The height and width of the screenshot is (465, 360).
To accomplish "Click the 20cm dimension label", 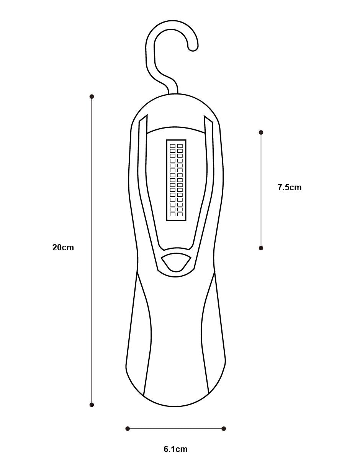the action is click(x=63, y=247).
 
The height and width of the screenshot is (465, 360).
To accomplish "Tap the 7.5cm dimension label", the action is click(x=290, y=187).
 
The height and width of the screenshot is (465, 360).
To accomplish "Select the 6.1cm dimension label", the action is click(x=175, y=449).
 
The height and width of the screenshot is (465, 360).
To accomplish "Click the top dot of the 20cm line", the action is click(x=92, y=96).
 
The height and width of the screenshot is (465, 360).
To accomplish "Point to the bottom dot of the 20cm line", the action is click(x=92, y=405).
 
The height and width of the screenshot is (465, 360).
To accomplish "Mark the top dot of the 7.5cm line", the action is click(x=261, y=132).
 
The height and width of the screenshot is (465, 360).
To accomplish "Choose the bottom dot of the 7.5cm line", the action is click(x=261, y=248).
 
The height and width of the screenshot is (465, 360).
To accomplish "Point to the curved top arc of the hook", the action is click(x=172, y=24).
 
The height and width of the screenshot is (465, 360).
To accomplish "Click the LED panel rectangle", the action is click(x=176, y=180).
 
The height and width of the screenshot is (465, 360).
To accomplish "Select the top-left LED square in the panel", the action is click(x=173, y=146).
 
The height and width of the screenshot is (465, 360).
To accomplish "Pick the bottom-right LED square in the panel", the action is click(x=180, y=214).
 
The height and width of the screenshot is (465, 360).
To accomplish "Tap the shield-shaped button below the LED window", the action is click(x=176, y=263).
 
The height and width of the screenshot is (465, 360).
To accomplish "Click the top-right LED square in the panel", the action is click(x=180, y=146).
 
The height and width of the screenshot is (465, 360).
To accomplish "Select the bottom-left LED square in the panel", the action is click(x=173, y=214).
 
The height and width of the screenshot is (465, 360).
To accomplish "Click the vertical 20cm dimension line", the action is click(x=92, y=251).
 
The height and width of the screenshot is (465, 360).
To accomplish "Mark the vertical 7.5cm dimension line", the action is click(x=261, y=190).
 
